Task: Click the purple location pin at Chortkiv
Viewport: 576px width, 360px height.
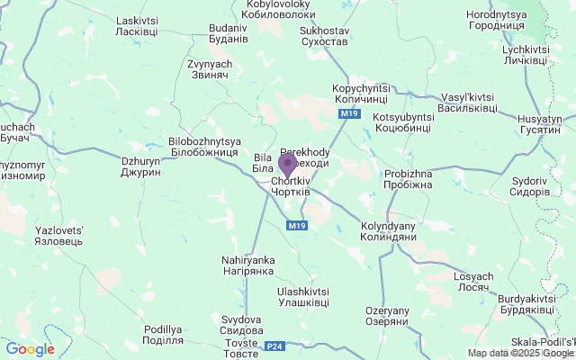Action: pyautogui.click(x=287, y=165)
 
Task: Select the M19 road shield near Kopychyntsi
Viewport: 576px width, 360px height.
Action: pyautogui.click(x=350, y=114)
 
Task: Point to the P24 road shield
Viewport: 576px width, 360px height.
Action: pyautogui.click(x=274, y=346)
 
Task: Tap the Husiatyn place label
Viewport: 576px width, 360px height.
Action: pyautogui.click(x=539, y=124)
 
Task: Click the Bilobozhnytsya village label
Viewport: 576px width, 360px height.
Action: pyautogui.click(x=204, y=148)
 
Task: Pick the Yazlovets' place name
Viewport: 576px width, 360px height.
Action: pyautogui.click(x=58, y=236)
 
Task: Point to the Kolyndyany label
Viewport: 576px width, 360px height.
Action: pyautogui.click(x=388, y=231)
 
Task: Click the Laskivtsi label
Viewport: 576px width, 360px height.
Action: pyautogui.click(x=137, y=26)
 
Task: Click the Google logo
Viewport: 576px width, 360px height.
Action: pyautogui.click(x=30, y=349)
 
